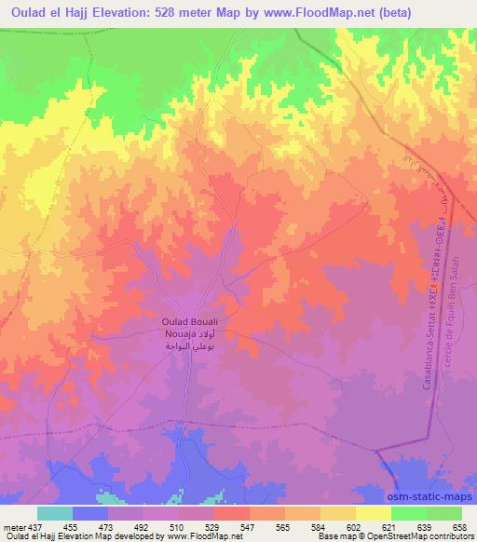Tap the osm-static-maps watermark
434,494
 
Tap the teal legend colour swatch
55,513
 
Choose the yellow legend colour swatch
374,513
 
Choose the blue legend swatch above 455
90,513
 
